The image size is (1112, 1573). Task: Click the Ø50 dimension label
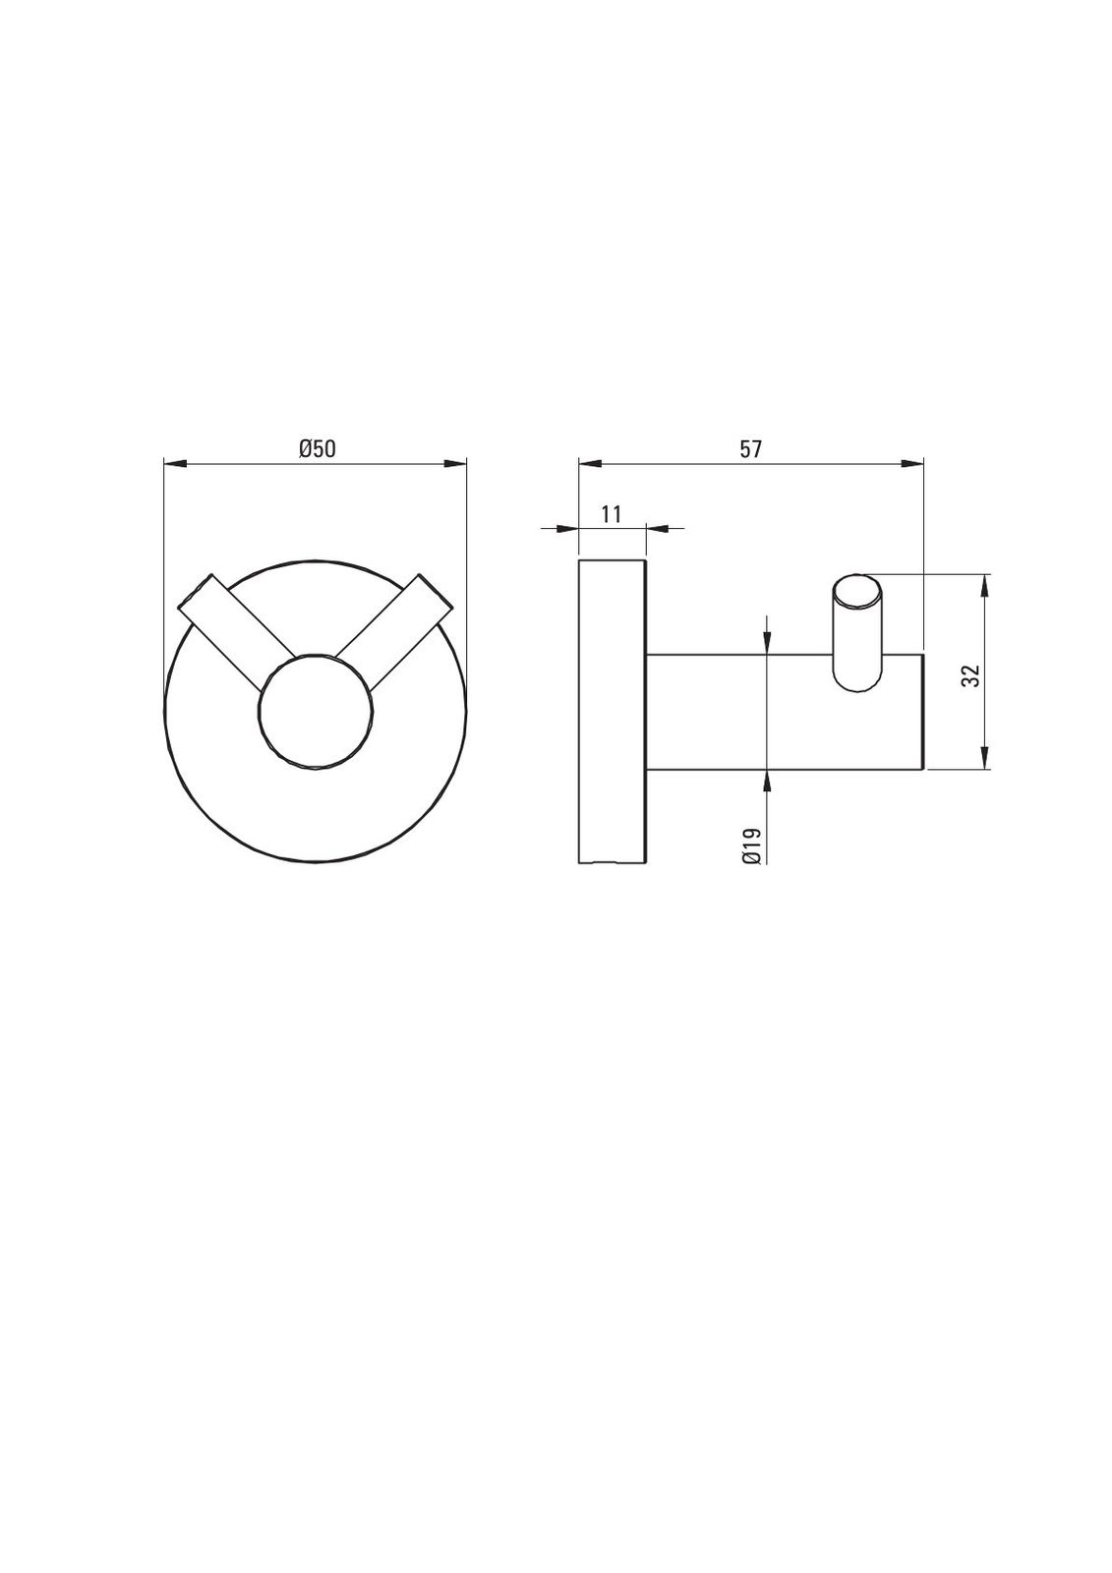pos(317,448)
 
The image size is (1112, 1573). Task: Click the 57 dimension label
pos(750,448)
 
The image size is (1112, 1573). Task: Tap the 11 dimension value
pos(612,514)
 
